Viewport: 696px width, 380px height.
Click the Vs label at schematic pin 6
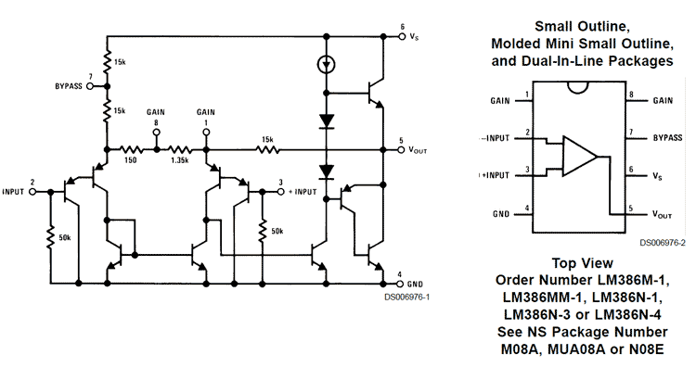pos(414,37)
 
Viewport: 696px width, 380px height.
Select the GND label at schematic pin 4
pos(416,283)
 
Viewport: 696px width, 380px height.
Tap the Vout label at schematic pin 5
pos(418,148)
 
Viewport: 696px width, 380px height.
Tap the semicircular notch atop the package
pos(583,88)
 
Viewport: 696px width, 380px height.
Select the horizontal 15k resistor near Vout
pos(267,148)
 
